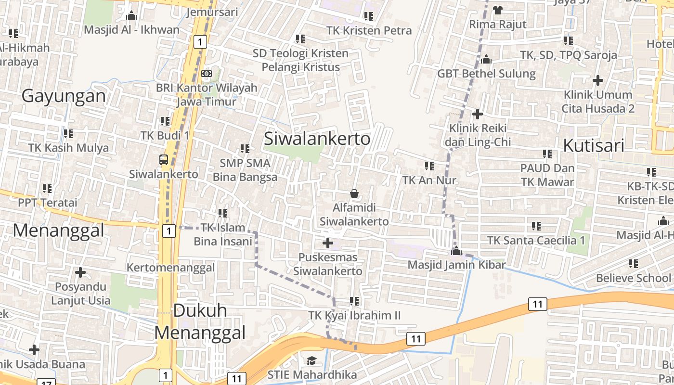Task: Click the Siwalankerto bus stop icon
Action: point(164,160)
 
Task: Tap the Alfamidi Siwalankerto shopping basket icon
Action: point(354,193)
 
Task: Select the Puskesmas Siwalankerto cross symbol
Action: point(328,243)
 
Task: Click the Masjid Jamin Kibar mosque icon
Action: point(456,251)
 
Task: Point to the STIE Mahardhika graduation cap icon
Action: point(311,360)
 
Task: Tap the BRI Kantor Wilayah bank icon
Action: point(207,74)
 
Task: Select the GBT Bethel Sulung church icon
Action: point(486,59)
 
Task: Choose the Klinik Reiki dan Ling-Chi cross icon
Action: point(478,114)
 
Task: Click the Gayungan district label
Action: point(64,96)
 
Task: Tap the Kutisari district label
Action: point(594,145)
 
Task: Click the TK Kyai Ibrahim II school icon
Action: point(354,301)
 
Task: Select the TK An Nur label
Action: point(429,180)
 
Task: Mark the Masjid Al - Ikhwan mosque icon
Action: point(131,15)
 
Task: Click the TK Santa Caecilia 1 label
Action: point(536,240)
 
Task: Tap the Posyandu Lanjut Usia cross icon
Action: point(80,273)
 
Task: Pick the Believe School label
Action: point(633,278)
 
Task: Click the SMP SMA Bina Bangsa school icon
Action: point(245,149)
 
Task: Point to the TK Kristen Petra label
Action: point(369,31)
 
